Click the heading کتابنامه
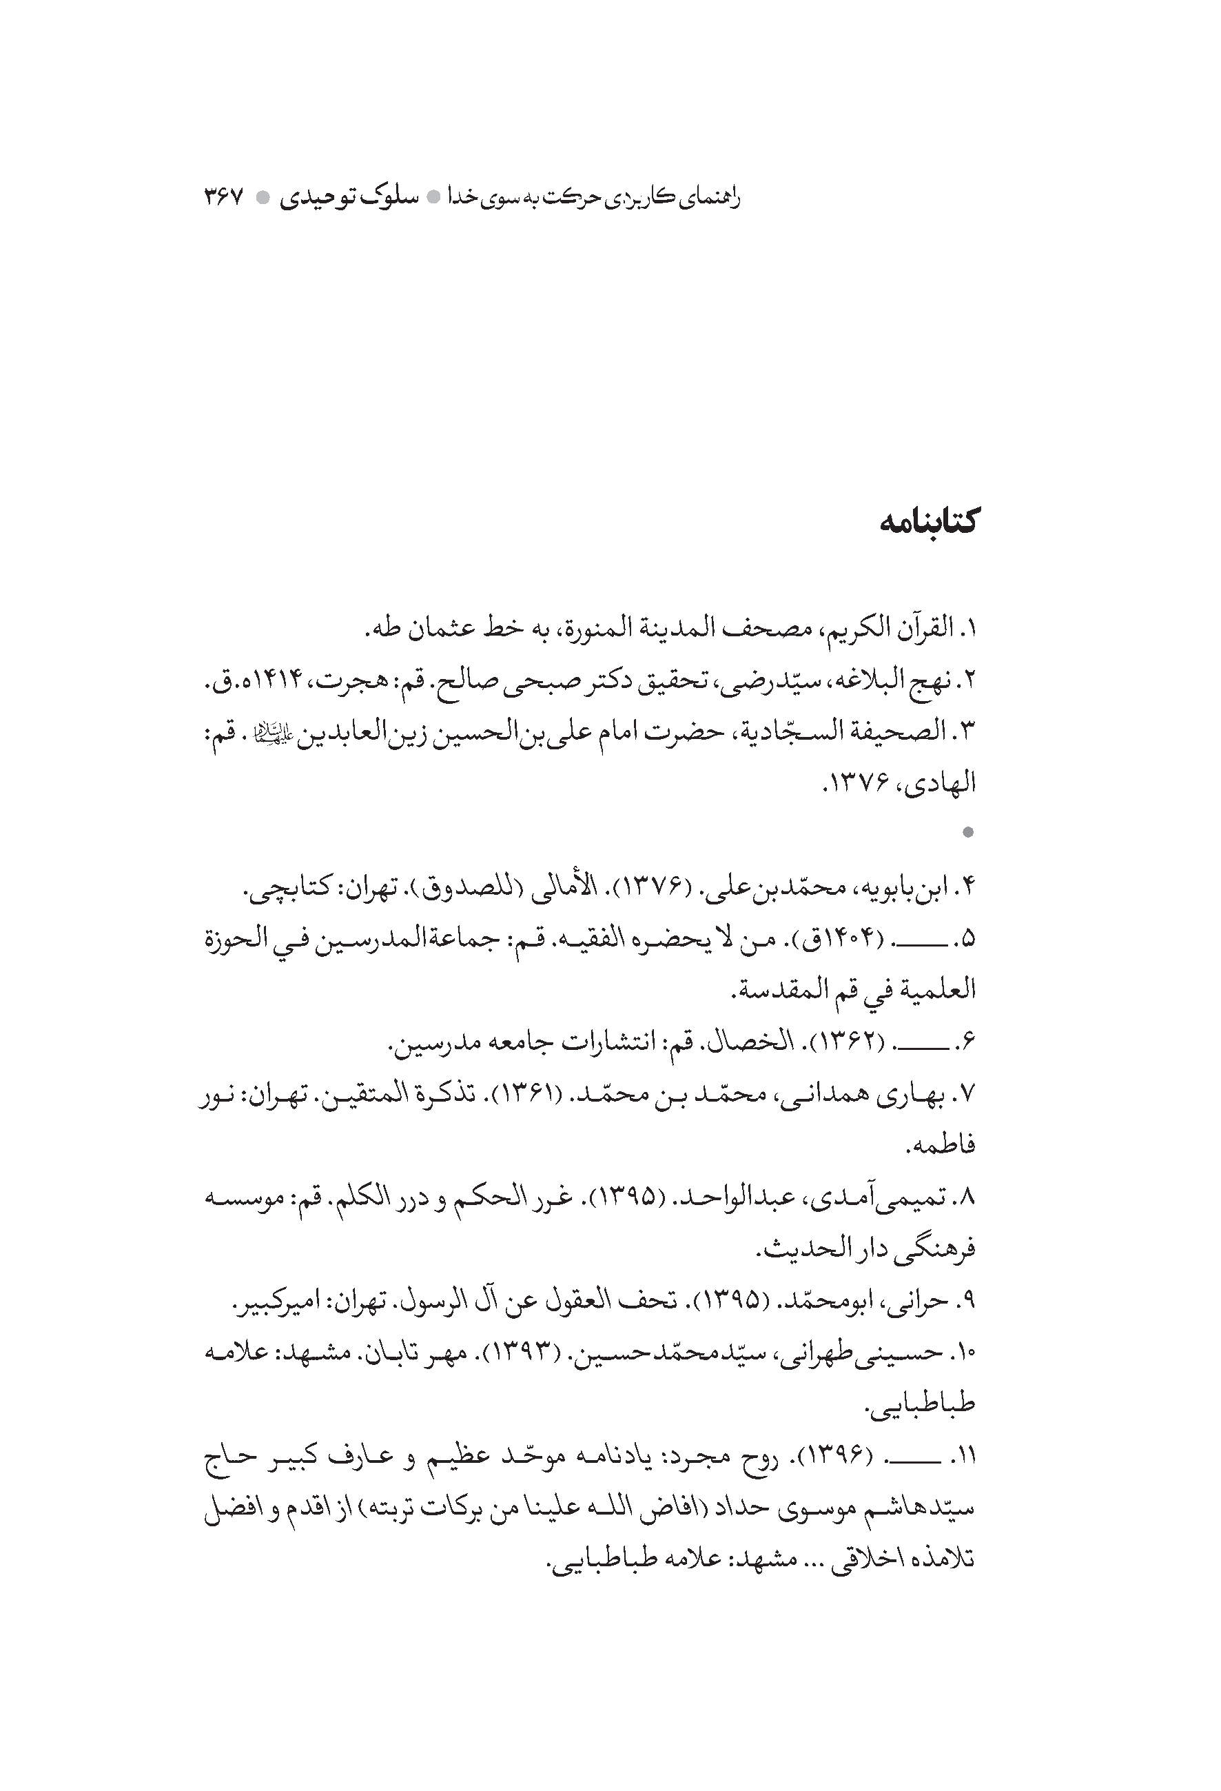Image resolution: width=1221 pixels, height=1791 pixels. (927, 523)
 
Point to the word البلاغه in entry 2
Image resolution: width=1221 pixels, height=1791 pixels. (843, 681)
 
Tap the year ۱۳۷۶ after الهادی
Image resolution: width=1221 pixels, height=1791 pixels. (860, 784)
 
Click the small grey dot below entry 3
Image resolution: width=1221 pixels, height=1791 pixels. (968, 832)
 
